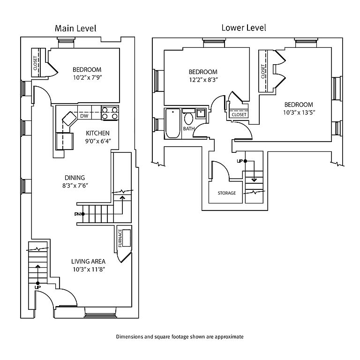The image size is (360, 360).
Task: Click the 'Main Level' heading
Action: point(75,28)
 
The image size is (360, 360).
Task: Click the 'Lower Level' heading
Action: point(243,28)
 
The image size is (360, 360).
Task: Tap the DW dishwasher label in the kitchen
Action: point(84,116)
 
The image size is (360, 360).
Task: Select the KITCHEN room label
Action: point(97,133)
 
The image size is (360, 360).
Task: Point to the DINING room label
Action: point(75,178)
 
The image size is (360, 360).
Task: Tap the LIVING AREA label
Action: point(88,261)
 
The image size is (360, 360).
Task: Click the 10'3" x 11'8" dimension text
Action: point(88,269)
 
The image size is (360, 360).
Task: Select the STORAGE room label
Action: point(226,193)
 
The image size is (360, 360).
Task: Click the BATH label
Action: point(188,128)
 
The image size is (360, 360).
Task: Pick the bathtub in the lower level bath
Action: point(172,124)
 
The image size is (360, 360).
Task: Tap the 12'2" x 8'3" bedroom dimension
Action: point(203,80)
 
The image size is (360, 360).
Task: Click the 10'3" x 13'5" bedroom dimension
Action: point(298,112)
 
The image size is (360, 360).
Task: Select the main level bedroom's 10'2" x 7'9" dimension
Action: point(87,77)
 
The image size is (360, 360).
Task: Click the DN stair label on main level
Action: point(78,214)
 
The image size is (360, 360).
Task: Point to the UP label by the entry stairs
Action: point(37,287)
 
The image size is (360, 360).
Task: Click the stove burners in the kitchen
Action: point(110,113)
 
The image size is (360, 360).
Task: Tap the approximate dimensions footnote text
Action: point(180,337)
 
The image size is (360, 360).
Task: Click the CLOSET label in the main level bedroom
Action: point(36,63)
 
